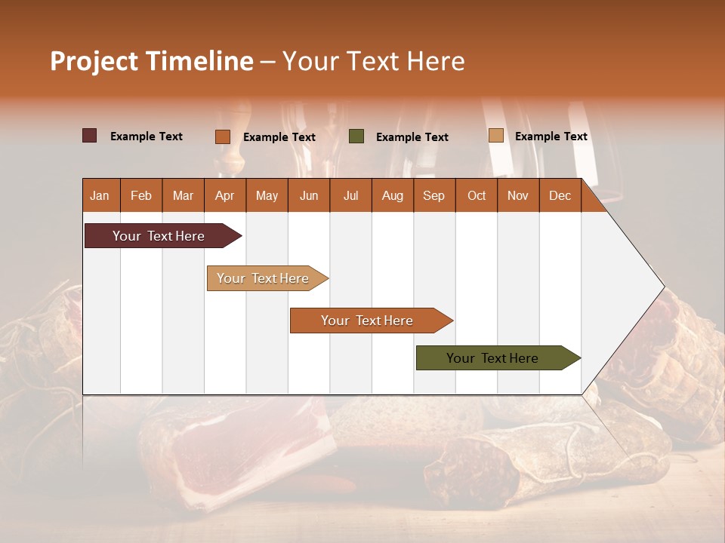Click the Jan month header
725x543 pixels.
[x=100, y=195]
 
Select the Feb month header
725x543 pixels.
[x=141, y=195]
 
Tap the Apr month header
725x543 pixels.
[x=224, y=195]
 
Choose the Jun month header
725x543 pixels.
[x=309, y=195]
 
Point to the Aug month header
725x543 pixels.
[x=392, y=195]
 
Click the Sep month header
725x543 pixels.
[x=433, y=195]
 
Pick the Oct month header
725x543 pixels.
[x=477, y=195]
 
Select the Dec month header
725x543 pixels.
[x=560, y=195]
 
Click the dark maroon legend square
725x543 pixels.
[x=90, y=136]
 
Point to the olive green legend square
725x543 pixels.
[x=356, y=136]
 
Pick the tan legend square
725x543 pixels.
[x=495, y=136]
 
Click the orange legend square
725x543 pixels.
[x=223, y=137]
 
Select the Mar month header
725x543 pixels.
[x=183, y=195]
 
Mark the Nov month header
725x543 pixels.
[x=517, y=195]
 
